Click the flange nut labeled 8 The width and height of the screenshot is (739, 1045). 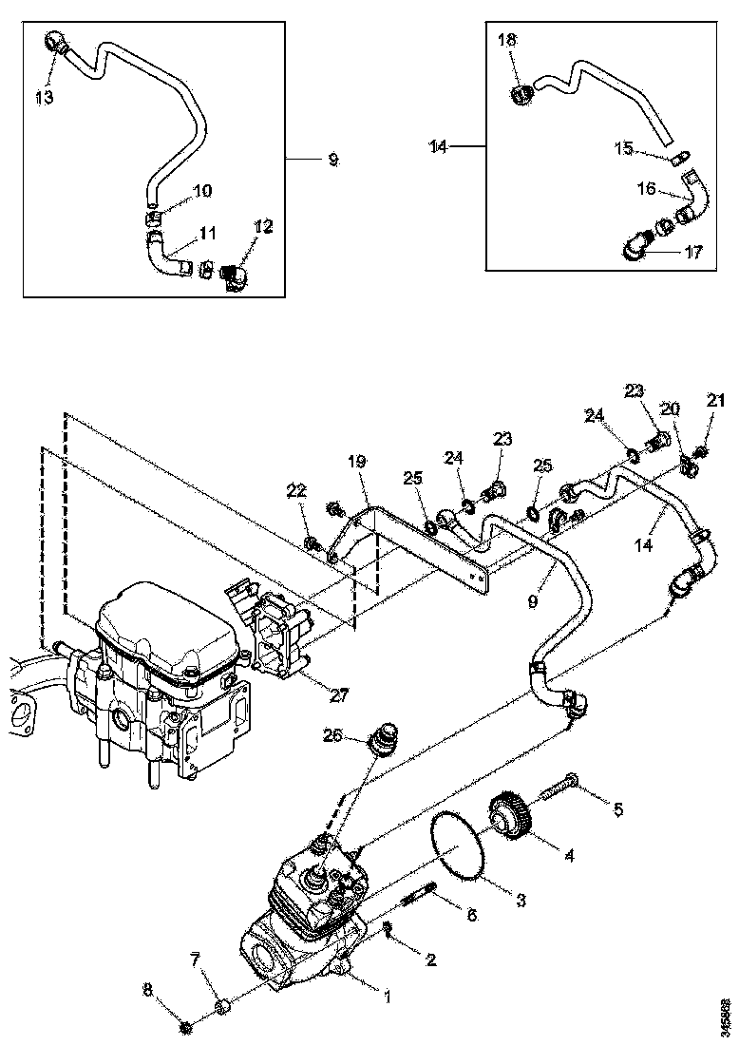click(187, 1026)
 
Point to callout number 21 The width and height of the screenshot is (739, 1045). click(715, 401)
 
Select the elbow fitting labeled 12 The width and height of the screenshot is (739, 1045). click(234, 276)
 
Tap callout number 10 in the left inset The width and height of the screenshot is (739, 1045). click(202, 191)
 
